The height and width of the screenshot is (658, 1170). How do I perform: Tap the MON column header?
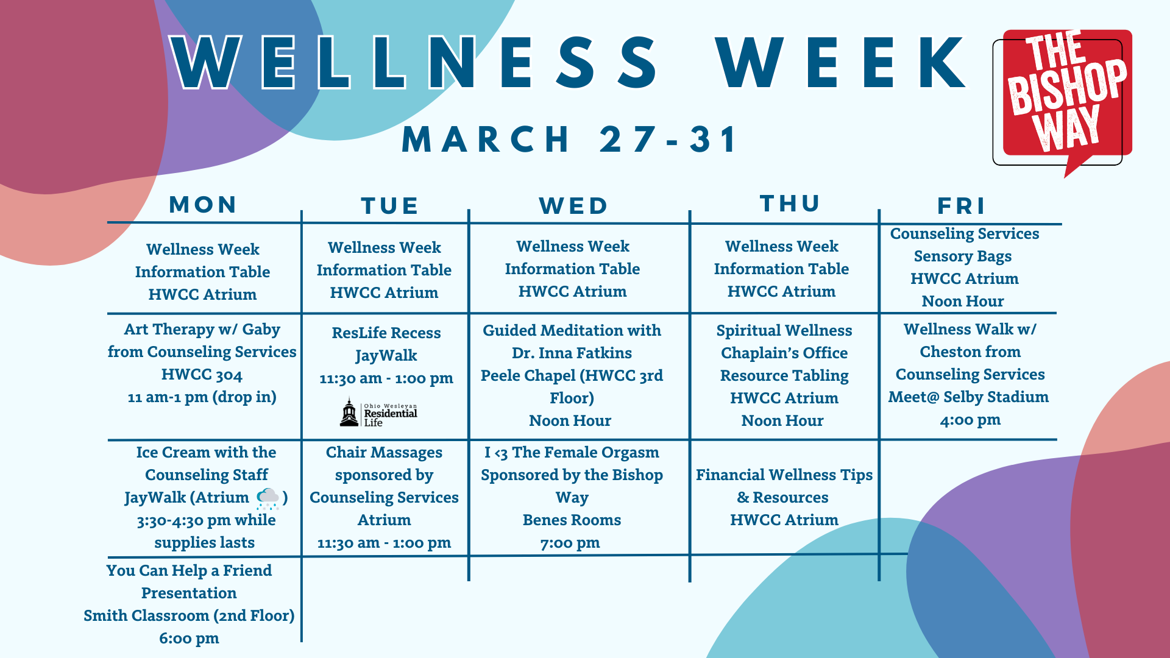point(203,205)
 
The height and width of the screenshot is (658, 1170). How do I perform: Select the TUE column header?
point(389,206)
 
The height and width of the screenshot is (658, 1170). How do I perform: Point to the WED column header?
point(573,206)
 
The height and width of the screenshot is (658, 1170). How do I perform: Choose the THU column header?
point(790,203)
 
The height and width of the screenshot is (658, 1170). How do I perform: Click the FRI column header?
point(961,206)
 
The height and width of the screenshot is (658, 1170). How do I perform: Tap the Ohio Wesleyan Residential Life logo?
point(378,412)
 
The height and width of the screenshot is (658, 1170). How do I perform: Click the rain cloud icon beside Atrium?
point(268,498)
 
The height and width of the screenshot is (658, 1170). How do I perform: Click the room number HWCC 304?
point(202,375)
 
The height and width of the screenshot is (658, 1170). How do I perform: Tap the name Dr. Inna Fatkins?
point(572,353)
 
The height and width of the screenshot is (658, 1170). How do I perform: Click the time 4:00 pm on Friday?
point(970,420)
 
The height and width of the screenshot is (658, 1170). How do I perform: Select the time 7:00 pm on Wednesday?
point(570,543)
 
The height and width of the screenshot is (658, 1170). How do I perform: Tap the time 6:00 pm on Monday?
point(189,639)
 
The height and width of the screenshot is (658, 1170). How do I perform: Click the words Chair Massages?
point(384,453)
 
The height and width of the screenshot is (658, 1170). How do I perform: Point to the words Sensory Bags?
point(963,256)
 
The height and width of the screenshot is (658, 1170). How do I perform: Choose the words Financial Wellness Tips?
point(784,475)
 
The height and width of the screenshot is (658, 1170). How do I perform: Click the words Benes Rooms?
point(572,520)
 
